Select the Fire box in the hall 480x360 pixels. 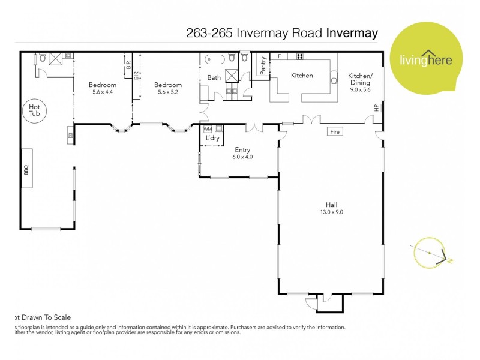(x=334, y=131)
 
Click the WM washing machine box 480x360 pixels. (x=208, y=129)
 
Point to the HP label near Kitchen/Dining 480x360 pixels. (x=376, y=108)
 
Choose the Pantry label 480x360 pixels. (x=263, y=65)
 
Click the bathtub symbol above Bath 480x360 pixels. (x=214, y=59)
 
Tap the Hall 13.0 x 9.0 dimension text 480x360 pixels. (x=331, y=212)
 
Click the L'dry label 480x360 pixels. (x=212, y=139)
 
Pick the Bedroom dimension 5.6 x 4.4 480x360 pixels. (x=103, y=92)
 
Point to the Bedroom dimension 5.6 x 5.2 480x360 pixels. (x=167, y=92)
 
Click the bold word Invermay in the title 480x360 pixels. (x=352, y=33)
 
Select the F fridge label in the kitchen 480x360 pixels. (x=279, y=56)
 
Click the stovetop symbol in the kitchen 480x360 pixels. (x=299, y=56)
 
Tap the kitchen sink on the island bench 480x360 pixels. (x=334, y=79)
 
